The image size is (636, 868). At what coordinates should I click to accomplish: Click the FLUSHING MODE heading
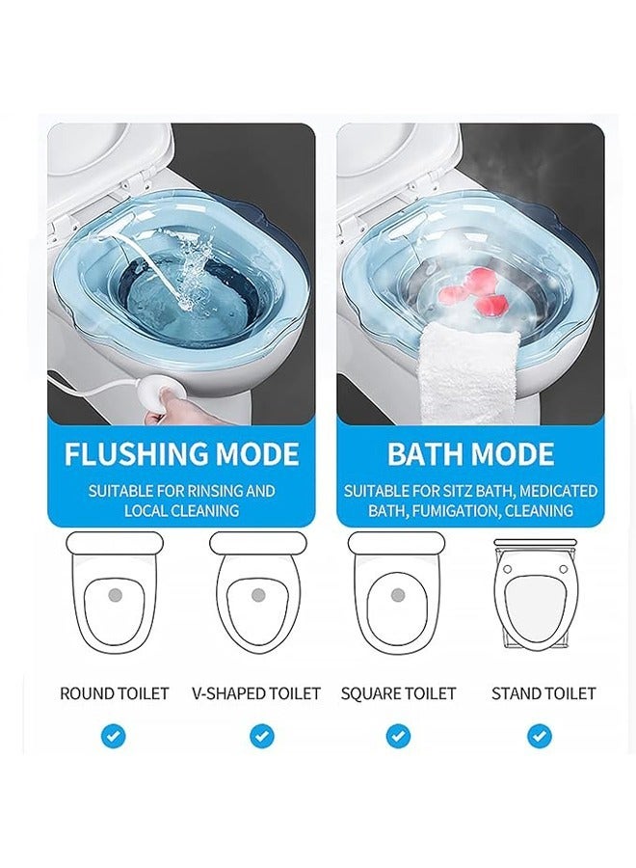(x=181, y=454)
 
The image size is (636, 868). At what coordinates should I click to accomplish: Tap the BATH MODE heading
(x=470, y=454)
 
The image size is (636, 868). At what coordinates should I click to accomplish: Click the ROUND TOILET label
(x=114, y=693)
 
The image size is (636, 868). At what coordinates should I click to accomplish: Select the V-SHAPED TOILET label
(x=256, y=693)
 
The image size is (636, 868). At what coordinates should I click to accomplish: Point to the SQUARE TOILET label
(x=398, y=693)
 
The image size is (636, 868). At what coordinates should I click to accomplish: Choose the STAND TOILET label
(x=543, y=693)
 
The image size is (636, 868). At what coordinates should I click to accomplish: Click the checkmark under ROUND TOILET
(x=114, y=737)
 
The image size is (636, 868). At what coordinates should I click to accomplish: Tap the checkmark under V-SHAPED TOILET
(x=261, y=737)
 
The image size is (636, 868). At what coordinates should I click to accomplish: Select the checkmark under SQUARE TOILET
(x=398, y=737)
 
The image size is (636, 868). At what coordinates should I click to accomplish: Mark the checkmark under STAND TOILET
(x=539, y=737)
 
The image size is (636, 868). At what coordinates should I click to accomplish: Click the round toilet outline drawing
(x=114, y=593)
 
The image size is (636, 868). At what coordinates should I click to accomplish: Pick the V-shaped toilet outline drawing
(x=257, y=593)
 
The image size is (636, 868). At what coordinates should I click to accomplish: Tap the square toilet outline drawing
(x=396, y=593)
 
